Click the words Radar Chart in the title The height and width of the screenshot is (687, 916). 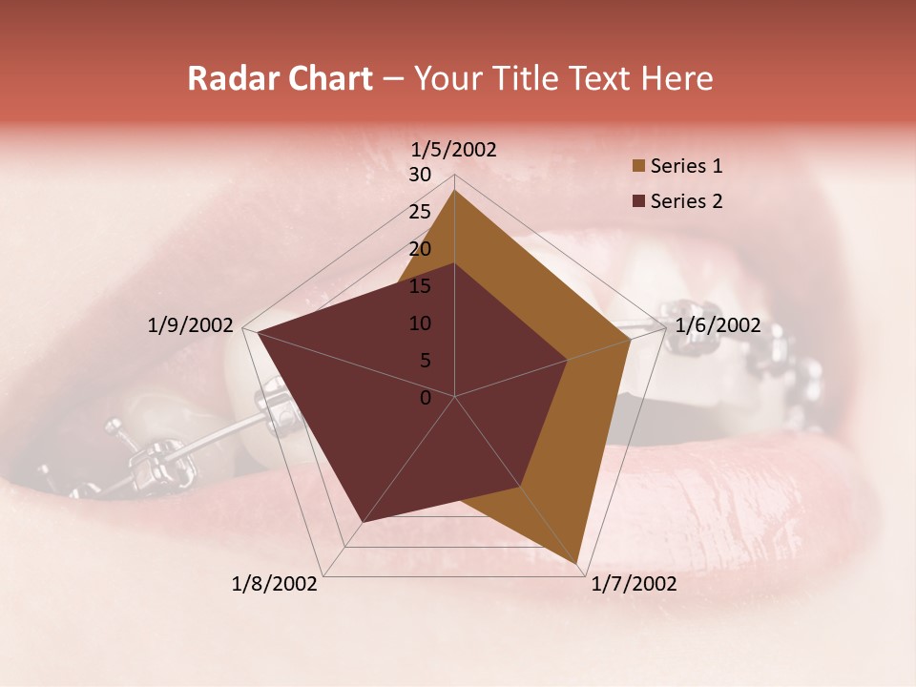coord(280,79)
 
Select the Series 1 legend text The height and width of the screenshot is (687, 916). coord(686,166)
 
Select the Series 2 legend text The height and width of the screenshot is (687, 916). coord(686,201)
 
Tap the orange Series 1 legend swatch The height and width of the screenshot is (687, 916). coord(638,167)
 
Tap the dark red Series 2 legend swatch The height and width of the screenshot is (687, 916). coord(638,202)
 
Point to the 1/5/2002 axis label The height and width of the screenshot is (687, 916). coord(454,149)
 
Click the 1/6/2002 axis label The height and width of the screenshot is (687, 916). coord(718,325)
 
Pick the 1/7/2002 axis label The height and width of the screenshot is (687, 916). coord(634,584)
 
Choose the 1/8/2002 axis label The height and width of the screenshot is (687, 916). coord(275,584)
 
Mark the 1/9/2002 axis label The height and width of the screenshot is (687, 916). coord(191,325)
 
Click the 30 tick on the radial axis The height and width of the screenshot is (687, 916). coord(420,175)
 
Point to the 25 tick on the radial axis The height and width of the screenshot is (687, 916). coord(420,212)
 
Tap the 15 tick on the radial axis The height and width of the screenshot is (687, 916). coord(420,286)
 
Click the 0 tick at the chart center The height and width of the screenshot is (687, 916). coord(426,398)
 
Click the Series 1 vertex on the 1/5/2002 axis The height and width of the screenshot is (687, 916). coord(454,190)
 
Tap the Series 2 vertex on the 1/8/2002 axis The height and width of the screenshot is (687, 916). coord(363,522)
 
